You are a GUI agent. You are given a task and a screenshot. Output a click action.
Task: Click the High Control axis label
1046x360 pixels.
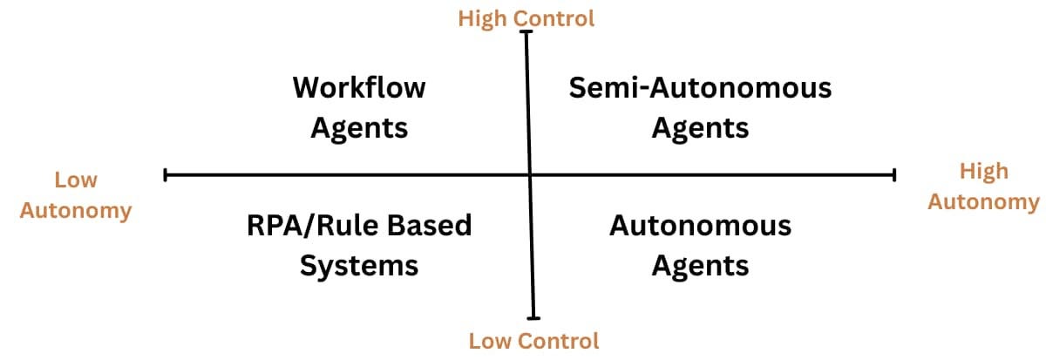526,17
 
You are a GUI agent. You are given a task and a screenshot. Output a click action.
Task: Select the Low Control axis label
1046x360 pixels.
533,340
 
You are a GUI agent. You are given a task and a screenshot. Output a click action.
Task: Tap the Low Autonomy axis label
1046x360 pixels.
76,195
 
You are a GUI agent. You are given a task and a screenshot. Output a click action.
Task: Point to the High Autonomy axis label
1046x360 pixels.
983,187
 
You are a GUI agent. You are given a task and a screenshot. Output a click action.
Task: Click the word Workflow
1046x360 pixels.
359,87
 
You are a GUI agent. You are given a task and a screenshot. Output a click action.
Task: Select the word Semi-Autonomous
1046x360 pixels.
700,87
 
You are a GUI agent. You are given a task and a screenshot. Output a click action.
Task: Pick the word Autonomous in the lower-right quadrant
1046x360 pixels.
700,226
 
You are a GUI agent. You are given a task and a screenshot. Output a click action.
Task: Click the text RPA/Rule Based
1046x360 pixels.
359,226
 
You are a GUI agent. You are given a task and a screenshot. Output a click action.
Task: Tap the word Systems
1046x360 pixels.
359,264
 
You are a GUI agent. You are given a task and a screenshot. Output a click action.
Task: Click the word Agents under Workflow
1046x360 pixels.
359,127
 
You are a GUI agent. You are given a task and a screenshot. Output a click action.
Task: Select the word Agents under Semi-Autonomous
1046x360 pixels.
700,127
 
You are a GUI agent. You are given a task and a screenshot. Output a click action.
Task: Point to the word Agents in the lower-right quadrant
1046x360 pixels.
700,264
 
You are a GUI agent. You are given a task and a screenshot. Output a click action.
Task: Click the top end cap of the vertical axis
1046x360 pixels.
526,32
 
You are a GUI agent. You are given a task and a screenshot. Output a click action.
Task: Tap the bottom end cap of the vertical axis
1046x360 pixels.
533,318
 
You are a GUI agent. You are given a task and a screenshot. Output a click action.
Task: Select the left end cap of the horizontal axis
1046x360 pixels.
166,176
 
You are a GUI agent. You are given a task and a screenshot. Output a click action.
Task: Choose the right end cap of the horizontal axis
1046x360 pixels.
894,176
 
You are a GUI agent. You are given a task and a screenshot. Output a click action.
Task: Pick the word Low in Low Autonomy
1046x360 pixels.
76,180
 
